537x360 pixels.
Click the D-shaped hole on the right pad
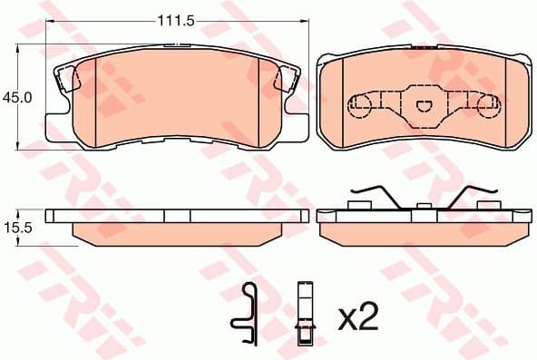[423, 107]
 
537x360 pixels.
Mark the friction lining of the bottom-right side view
[423, 233]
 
